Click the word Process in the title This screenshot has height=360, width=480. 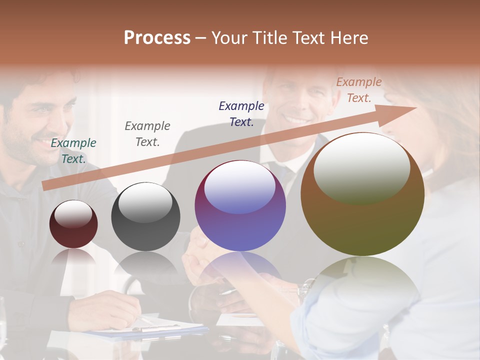coord(157,38)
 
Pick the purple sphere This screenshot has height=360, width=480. coord(240,206)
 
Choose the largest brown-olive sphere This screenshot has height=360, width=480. coord(362,195)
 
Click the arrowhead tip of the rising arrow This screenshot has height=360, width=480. coord(415,108)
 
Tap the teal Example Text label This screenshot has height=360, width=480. coord(73,151)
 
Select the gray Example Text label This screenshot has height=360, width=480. coord(147,134)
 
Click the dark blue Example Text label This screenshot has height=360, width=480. coord(241,114)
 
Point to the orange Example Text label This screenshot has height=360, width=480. coord(358,90)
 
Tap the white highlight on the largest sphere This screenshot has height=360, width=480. coord(361,167)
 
